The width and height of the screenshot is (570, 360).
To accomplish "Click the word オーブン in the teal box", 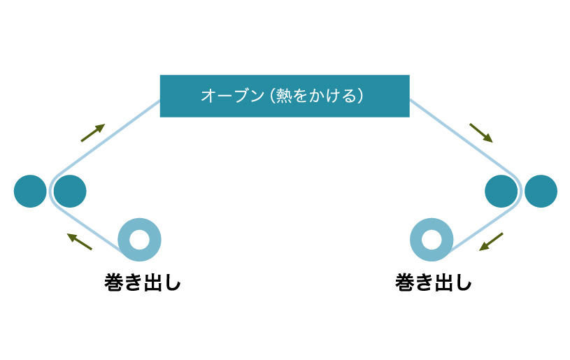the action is [232, 96].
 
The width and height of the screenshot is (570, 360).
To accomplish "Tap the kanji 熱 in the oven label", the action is [284, 96].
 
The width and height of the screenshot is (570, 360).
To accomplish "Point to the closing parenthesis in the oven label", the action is [360, 96].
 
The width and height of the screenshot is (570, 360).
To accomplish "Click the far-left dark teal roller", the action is [30, 191].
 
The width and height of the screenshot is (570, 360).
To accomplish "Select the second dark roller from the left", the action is [70, 191].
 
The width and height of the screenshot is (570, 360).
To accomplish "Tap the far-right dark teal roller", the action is [541, 191].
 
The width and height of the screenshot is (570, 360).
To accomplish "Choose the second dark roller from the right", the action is [501, 191].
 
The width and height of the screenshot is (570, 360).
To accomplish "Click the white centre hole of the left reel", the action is [139, 240].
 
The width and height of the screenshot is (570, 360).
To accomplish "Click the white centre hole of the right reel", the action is [432, 240].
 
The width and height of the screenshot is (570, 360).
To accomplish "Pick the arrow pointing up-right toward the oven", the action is [93, 133].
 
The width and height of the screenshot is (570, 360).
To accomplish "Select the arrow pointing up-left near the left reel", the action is [80, 242].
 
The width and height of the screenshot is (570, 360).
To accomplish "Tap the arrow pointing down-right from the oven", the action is [481, 133].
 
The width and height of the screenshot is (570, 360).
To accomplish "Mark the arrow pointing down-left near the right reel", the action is [491, 242].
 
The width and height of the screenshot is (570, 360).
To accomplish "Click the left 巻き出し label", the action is [143, 282].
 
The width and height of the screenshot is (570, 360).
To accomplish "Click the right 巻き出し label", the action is [434, 282].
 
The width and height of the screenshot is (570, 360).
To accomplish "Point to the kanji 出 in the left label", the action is [152, 282].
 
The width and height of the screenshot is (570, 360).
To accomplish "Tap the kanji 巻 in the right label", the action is [405, 282].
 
